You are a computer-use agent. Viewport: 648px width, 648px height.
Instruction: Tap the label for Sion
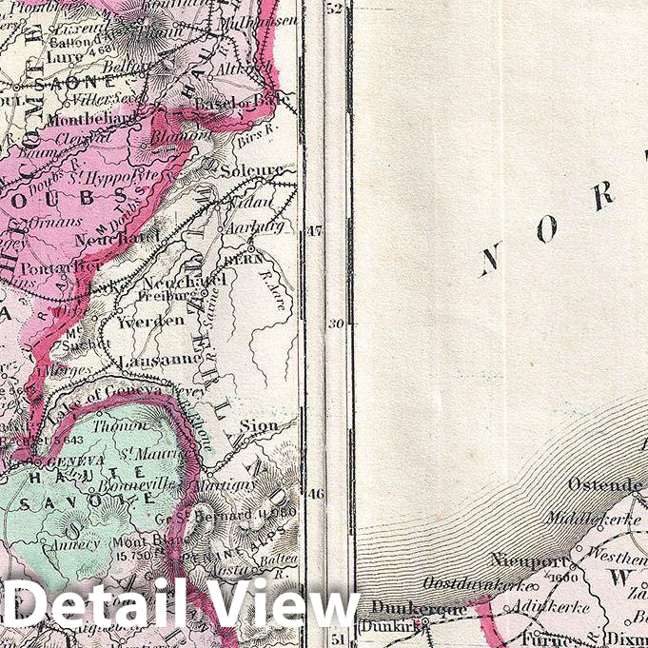click(x=258, y=425)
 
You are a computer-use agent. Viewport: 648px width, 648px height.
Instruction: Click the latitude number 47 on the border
click(x=314, y=230)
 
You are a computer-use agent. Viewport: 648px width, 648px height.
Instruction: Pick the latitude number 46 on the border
click(x=314, y=494)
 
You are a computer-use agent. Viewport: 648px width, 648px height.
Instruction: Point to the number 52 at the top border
click(x=333, y=10)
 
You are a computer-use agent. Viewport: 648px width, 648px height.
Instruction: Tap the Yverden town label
click(x=150, y=321)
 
